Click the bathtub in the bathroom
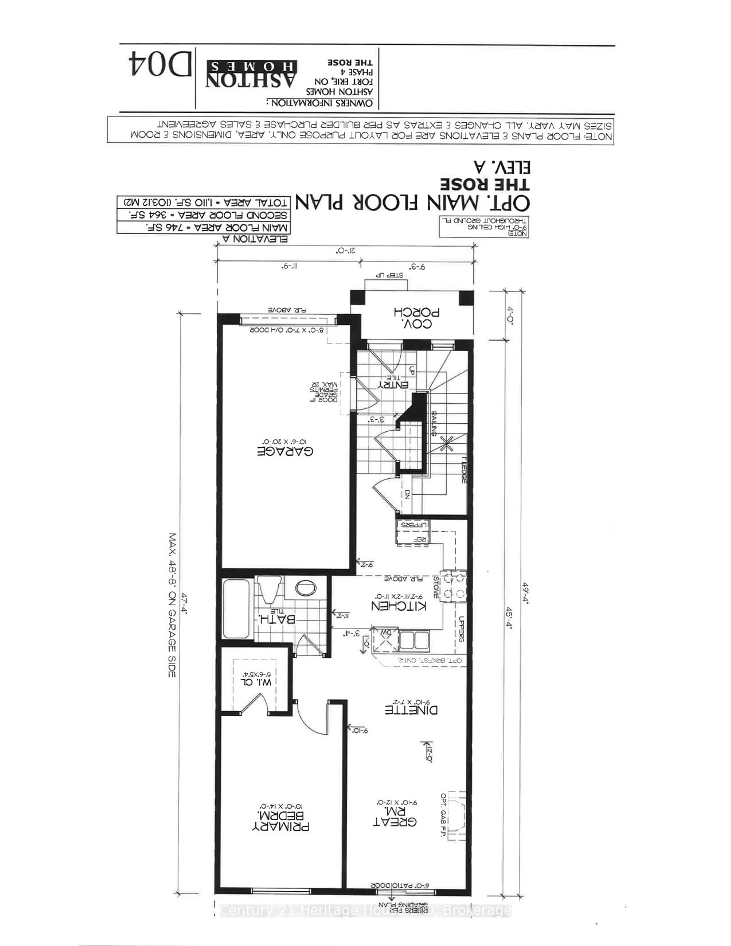click(236, 609)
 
